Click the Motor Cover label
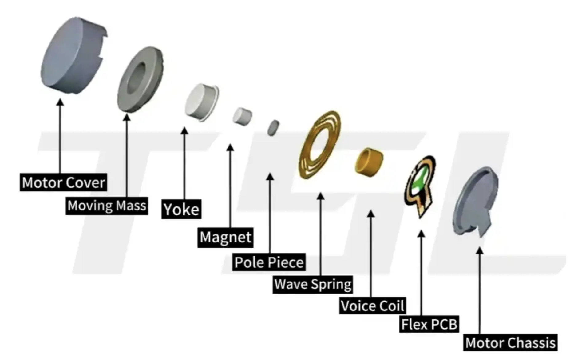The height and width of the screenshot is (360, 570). tap(63, 182)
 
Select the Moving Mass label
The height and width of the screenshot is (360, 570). tap(107, 206)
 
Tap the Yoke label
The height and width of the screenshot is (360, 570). tap(181, 210)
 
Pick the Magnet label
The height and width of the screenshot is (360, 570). tap(225, 237)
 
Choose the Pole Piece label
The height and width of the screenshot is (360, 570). tap(269, 262)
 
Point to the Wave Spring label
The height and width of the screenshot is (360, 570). tap(313, 284)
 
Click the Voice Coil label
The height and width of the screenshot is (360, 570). tap(372, 306)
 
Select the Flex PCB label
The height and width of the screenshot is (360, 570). tap(429, 324)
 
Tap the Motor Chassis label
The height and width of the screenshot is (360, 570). tap(510, 342)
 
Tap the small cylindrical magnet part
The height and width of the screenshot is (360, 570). tap(242, 116)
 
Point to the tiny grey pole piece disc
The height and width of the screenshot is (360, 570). tap(273, 128)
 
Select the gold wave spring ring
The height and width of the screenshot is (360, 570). tap(320, 145)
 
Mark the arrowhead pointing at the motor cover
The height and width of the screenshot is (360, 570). tap(60, 102)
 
